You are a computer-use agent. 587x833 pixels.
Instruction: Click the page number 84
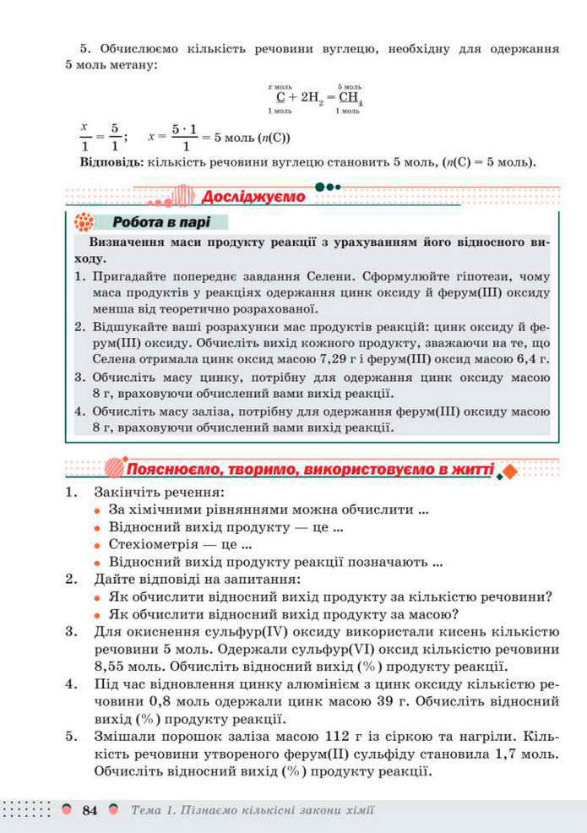(90, 810)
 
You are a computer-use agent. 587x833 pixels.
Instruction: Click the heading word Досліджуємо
(253, 197)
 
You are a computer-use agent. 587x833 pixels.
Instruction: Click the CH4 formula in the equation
(350, 98)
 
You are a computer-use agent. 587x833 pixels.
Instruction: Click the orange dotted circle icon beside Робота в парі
(84, 223)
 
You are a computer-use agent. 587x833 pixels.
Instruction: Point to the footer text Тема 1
(151, 810)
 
